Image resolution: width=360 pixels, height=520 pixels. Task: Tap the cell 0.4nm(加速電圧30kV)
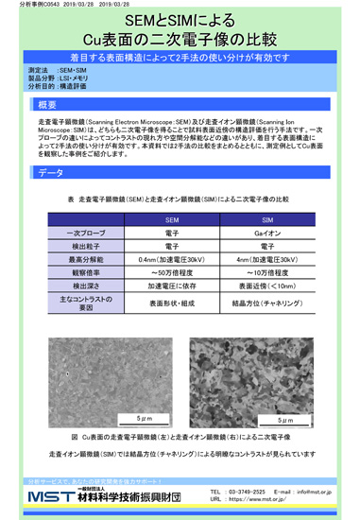172,258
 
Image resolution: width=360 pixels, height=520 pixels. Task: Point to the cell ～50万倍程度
172,271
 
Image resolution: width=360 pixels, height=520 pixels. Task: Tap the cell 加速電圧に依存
172,285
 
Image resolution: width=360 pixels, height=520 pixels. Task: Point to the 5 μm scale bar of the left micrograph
143,417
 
